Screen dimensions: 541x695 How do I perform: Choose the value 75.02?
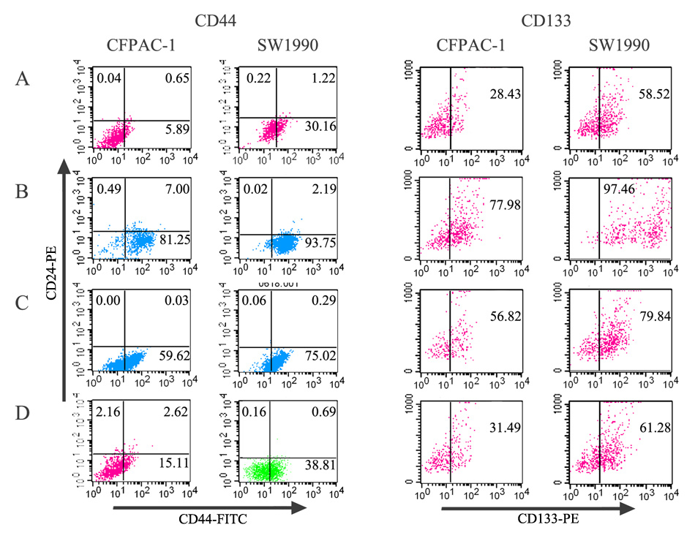click(317, 357)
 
